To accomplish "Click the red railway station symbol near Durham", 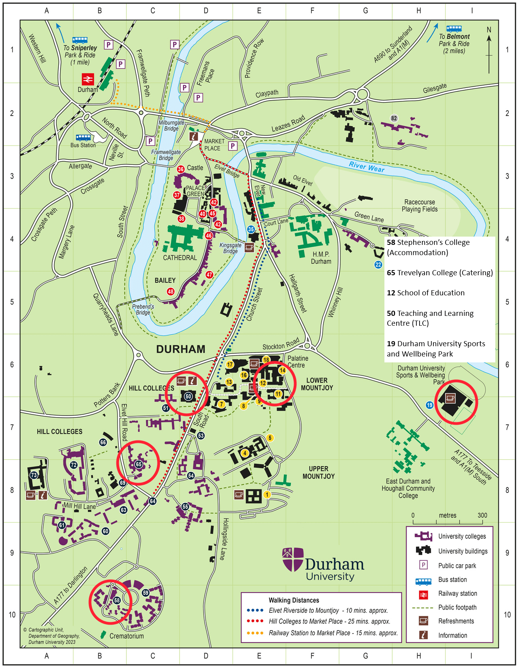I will point(88,79).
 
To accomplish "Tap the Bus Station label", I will point(83,145).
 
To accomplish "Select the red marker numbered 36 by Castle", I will point(181,169).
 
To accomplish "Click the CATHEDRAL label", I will point(180,257).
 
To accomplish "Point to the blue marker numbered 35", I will point(251,229).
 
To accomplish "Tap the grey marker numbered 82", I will point(394,118).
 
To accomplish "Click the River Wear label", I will point(366,167).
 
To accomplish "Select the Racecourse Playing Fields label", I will point(420,205).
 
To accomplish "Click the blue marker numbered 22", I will point(378,265).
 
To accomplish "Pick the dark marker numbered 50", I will point(188,396).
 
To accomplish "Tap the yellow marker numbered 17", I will point(230,364).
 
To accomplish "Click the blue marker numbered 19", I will point(429,405).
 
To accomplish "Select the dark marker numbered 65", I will point(139,464).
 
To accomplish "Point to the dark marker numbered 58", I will point(117,600).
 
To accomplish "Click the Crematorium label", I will point(126,636).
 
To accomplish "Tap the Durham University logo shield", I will point(293,559).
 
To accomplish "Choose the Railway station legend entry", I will point(457,593).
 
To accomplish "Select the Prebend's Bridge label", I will point(143,309).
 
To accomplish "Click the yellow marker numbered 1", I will point(267,494).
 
